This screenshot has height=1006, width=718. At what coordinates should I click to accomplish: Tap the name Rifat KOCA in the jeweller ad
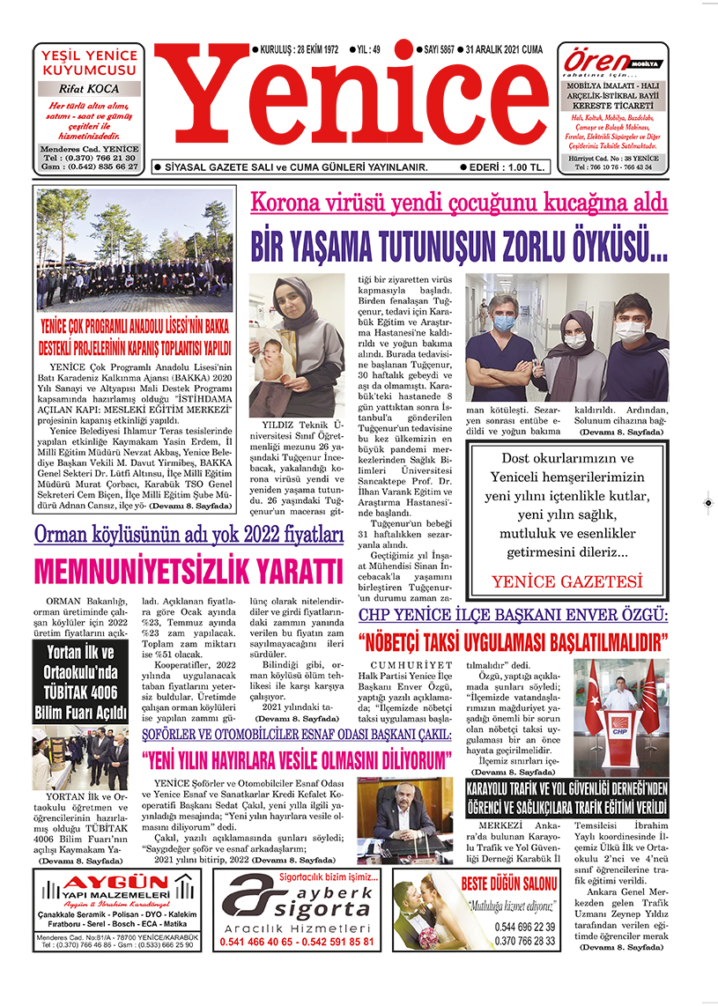click(88, 89)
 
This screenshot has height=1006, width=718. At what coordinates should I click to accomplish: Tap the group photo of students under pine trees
click(135, 250)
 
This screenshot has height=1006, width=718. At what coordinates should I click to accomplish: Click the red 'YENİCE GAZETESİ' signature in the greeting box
click(567, 581)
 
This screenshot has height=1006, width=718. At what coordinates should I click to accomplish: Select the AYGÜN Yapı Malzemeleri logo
click(118, 897)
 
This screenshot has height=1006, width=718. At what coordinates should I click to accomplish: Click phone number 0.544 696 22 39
click(525, 927)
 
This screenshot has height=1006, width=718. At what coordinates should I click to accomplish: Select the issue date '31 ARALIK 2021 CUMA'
click(512, 49)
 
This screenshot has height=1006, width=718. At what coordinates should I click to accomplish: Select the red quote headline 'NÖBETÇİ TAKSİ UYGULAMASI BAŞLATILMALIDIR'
click(513, 639)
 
